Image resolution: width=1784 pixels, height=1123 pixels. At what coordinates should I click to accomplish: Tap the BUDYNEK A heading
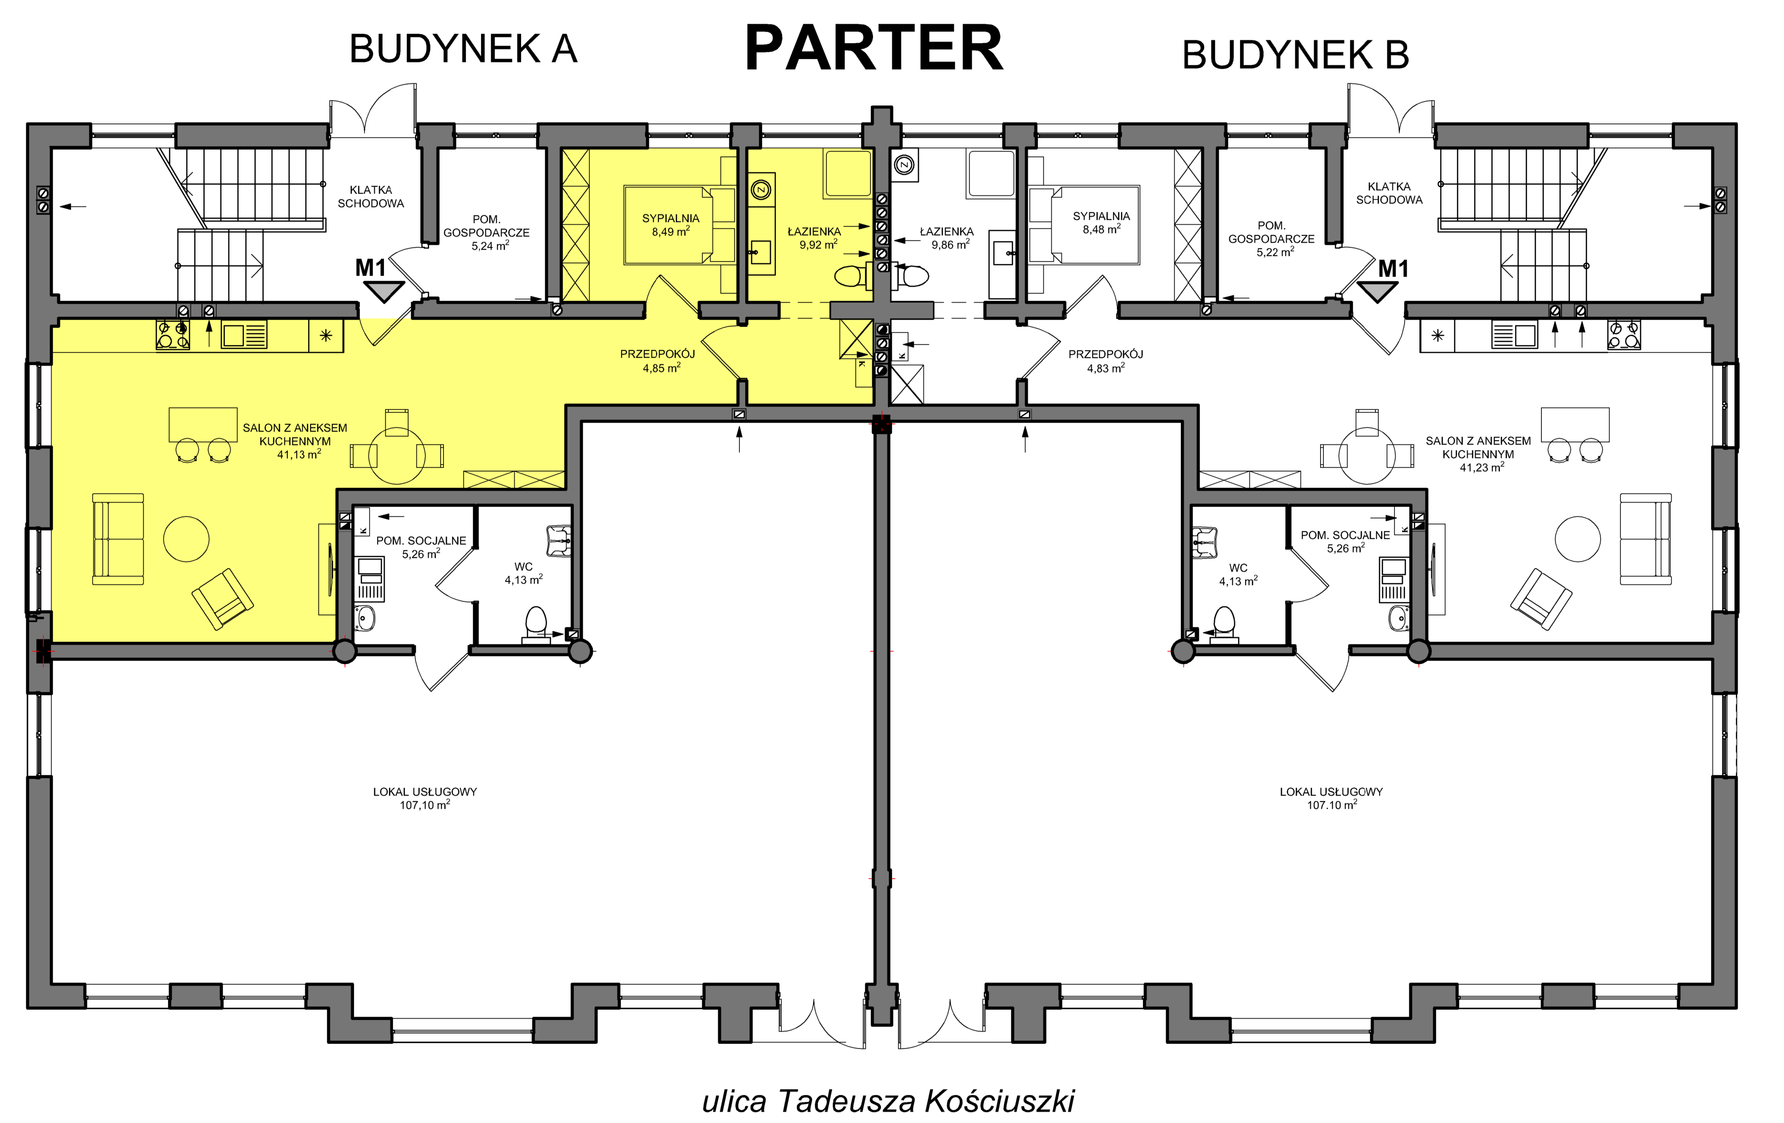pyautogui.click(x=463, y=50)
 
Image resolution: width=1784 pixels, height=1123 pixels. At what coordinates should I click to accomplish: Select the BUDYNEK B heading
pyautogui.click(x=1295, y=55)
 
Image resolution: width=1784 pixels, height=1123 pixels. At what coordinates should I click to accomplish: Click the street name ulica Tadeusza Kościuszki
pyautogui.click(x=888, y=1101)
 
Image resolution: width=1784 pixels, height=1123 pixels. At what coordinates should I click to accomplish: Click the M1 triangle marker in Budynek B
pyautogui.click(x=1377, y=292)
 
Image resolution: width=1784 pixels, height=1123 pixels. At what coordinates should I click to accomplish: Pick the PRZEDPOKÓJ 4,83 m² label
pyautogui.click(x=1105, y=361)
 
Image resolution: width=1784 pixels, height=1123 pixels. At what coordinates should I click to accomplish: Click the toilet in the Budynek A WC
pyautogui.click(x=536, y=624)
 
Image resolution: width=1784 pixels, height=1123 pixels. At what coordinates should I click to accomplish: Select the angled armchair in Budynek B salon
pyautogui.click(x=1541, y=599)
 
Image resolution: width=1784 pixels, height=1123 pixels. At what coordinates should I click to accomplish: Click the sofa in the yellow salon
pyautogui.click(x=118, y=539)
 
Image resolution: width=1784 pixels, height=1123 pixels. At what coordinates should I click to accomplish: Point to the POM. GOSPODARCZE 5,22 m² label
pyautogui.click(x=1272, y=239)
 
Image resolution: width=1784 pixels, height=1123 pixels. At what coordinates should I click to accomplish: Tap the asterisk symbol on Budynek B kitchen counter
pyautogui.click(x=1438, y=336)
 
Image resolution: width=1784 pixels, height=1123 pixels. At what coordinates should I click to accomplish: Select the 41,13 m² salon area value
pyautogui.click(x=299, y=454)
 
